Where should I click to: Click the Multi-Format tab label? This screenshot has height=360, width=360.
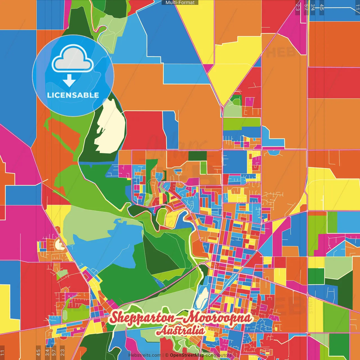point(180,3)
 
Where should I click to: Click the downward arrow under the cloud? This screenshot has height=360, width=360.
point(69,81)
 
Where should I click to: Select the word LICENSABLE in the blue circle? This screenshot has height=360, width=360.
point(73,95)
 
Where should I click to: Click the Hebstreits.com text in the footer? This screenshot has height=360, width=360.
point(145,355)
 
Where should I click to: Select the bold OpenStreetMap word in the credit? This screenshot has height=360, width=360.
point(187,355)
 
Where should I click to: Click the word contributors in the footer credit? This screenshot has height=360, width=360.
point(218,355)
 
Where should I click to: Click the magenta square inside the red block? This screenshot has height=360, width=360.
point(249,102)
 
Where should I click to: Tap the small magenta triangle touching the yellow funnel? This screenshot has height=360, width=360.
point(208,68)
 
